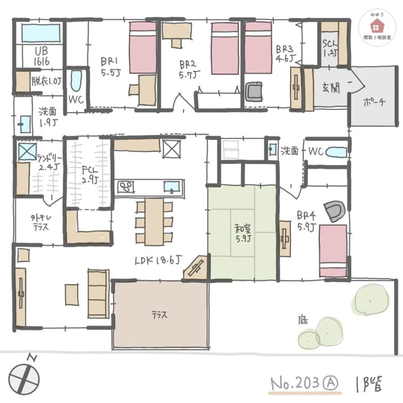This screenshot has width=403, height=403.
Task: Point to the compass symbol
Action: (24, 379)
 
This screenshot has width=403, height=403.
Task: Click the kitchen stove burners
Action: (126, 187)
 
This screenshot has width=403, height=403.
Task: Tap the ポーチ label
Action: (374, 102)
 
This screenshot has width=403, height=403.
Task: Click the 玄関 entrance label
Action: (331, 88)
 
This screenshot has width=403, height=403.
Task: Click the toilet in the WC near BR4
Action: (336, 151)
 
